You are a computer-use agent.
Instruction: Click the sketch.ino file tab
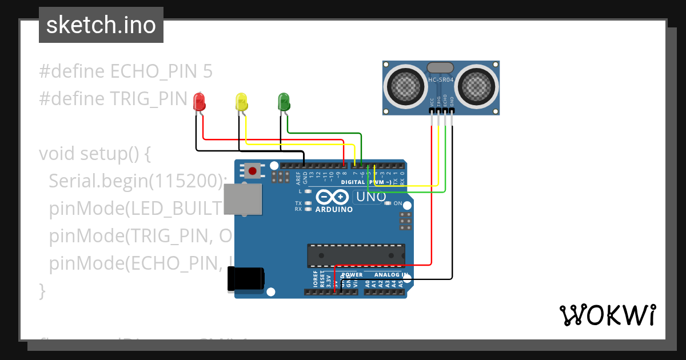101,25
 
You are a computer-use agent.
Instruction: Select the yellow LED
241,102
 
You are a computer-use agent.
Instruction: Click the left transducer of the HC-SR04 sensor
406,86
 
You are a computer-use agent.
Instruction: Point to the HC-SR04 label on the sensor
441,80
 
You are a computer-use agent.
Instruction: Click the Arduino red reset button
252,170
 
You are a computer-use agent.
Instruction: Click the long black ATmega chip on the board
356,255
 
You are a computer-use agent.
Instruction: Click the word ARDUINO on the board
334,209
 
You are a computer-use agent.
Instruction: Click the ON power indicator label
398,203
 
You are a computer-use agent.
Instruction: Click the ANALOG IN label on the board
391,275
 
